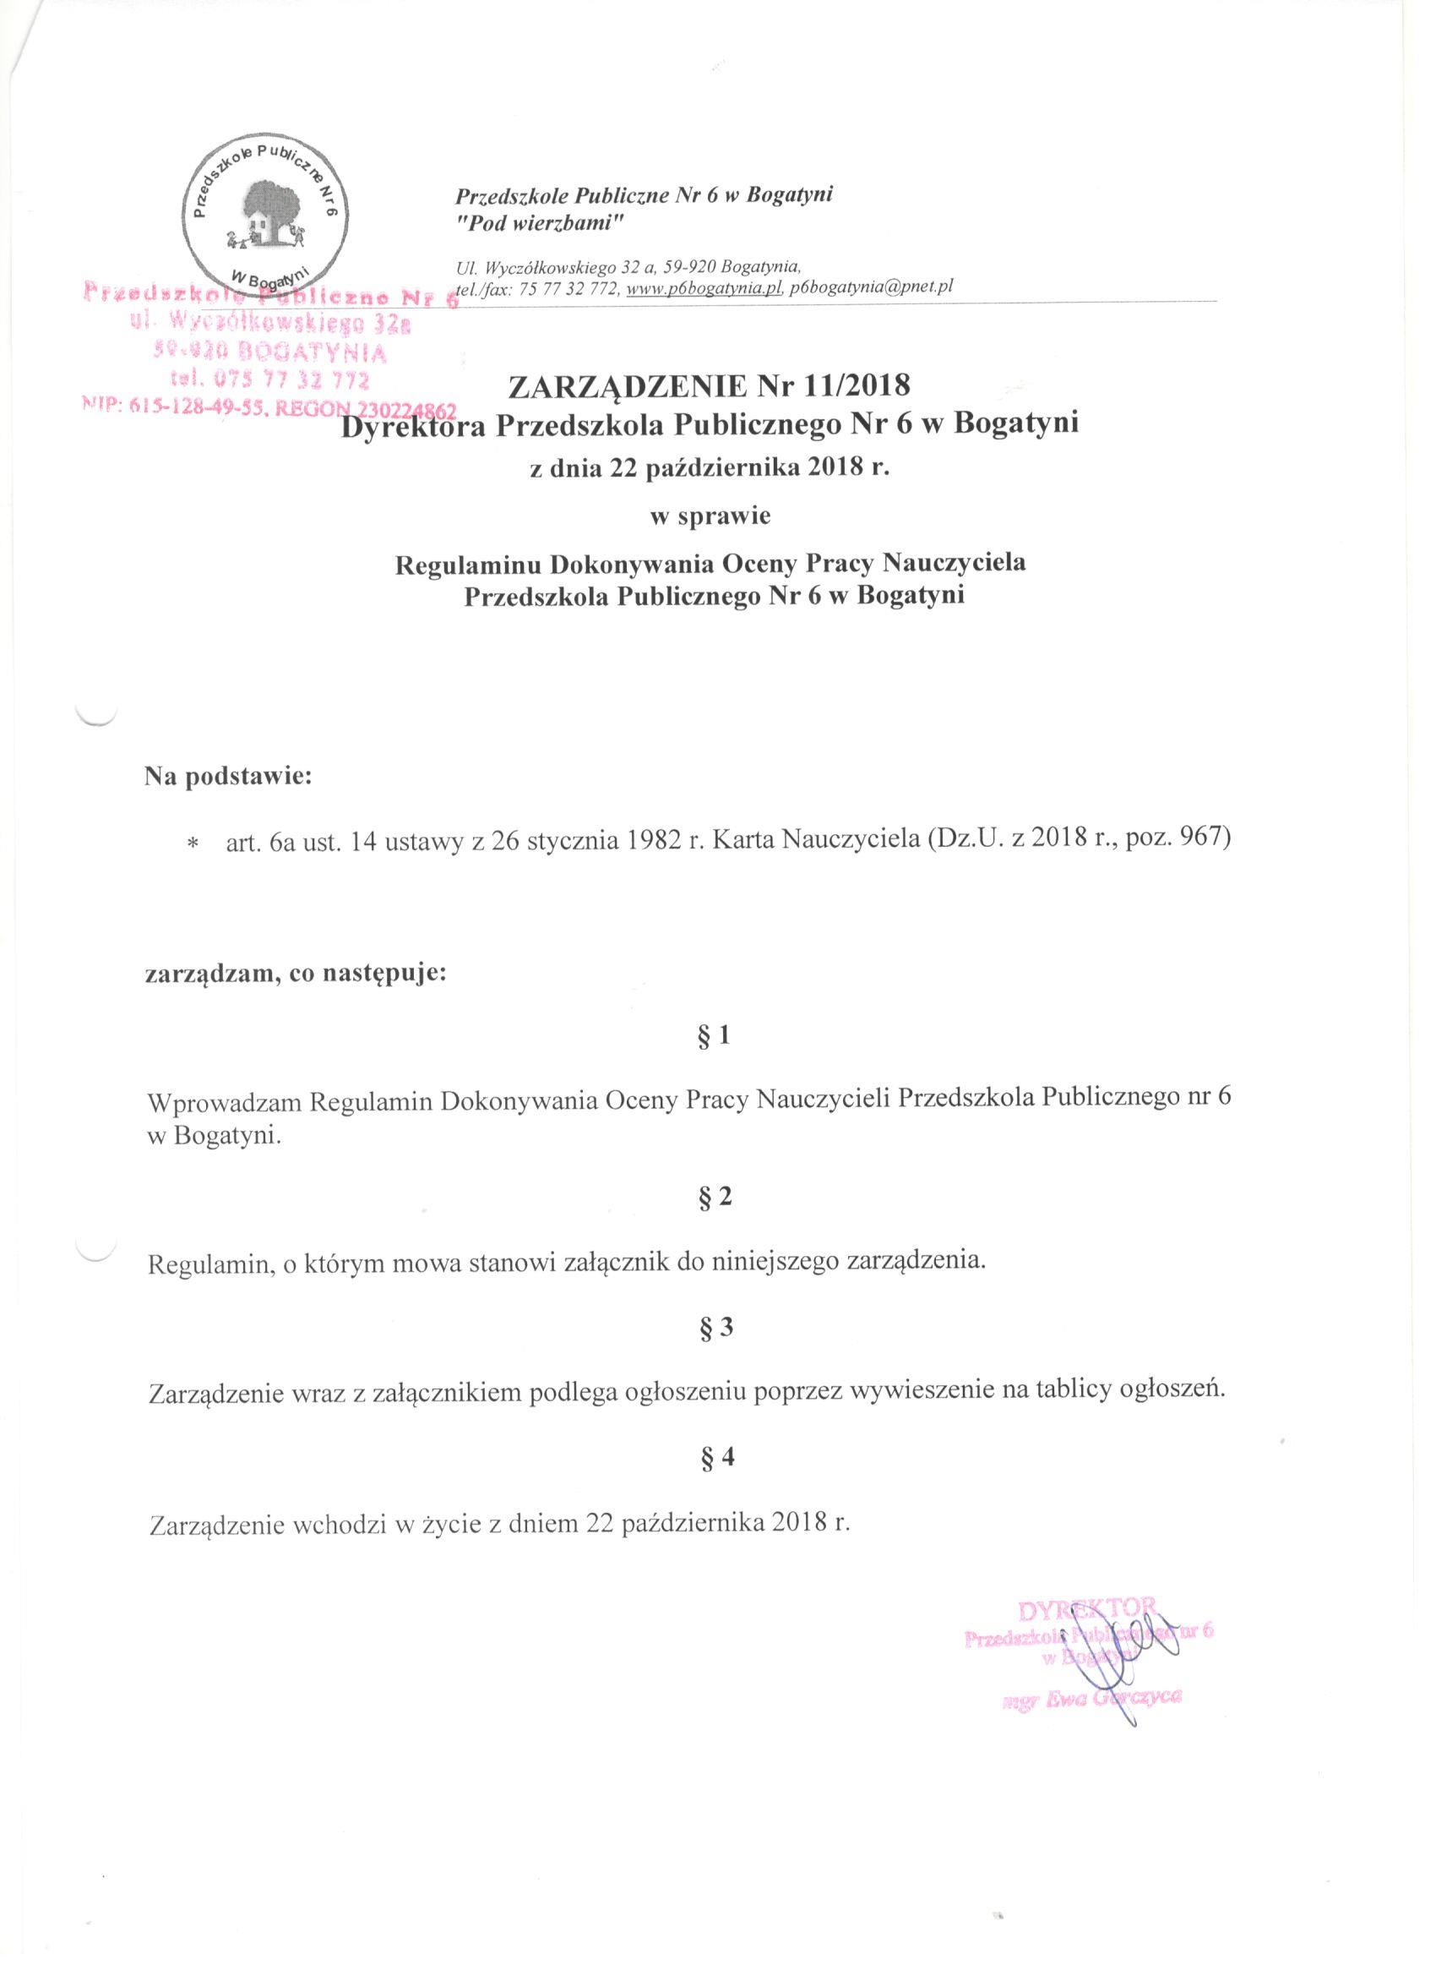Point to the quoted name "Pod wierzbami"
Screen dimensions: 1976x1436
(x=541, y=224)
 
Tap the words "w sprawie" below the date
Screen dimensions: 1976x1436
(x=710, y=516)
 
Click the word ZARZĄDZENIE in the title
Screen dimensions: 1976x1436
(x=635, y=385)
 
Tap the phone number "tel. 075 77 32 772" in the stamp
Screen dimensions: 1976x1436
(x=271, y=380)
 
